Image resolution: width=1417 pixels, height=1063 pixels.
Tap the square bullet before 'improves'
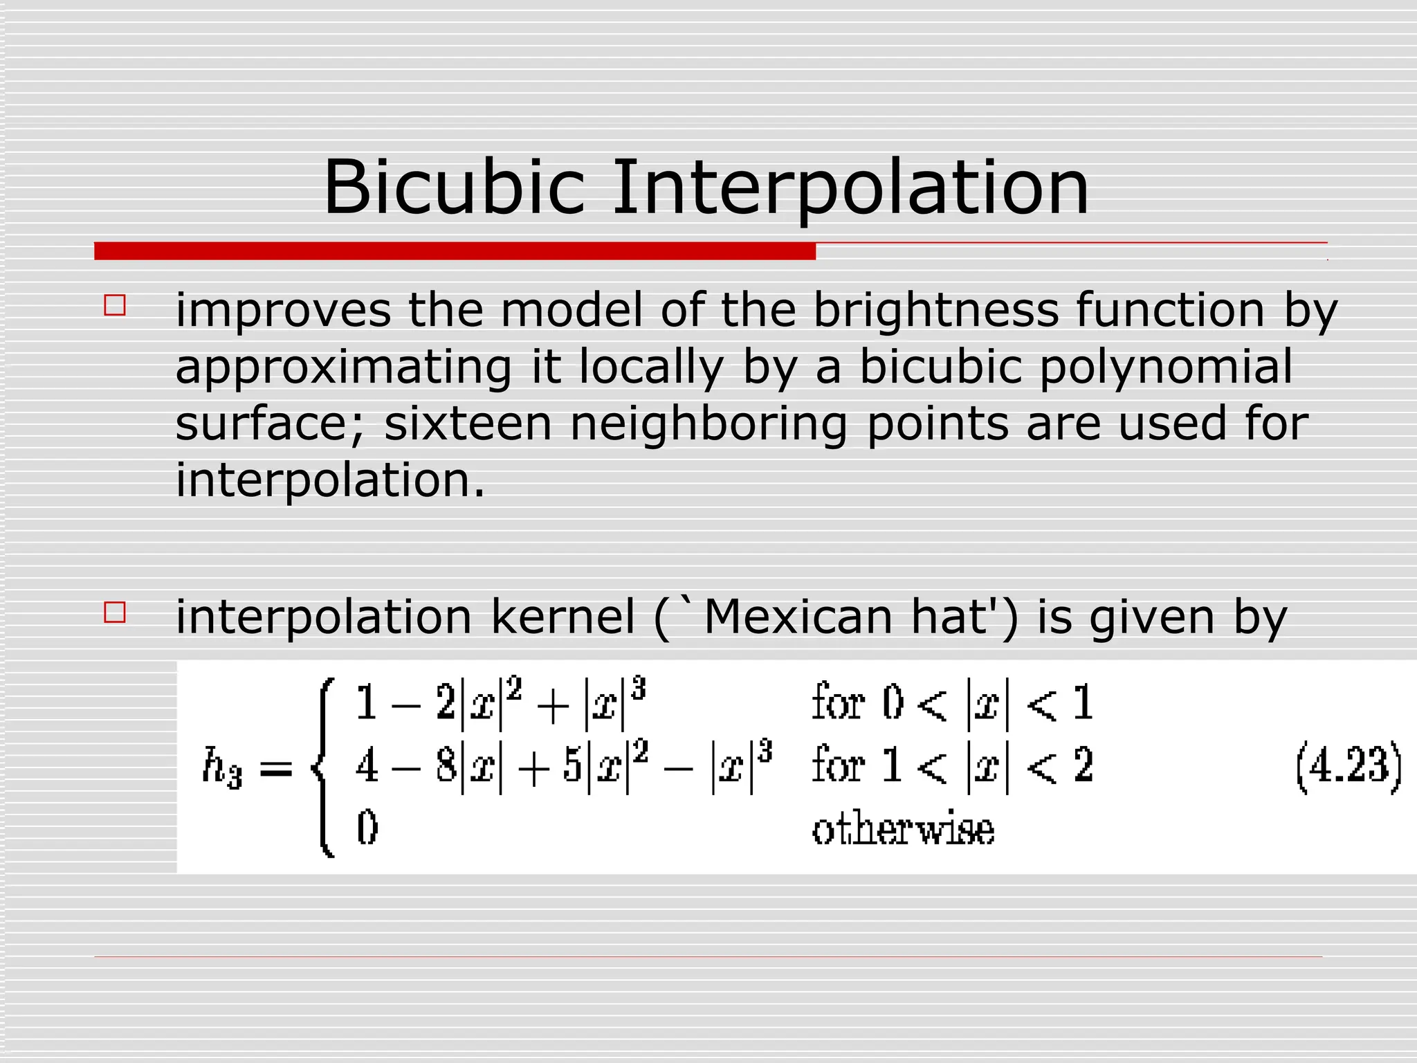(x=115, y=305)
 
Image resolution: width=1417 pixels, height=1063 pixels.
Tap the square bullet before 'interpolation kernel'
(x=115, y=612)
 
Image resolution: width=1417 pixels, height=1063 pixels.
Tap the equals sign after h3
(x=276, y=768)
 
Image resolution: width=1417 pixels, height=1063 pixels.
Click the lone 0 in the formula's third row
(x=367, y=828)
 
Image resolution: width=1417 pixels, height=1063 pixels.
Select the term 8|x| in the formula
(x=468, y=767)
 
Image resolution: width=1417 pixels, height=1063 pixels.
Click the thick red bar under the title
(x=455, y=251)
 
